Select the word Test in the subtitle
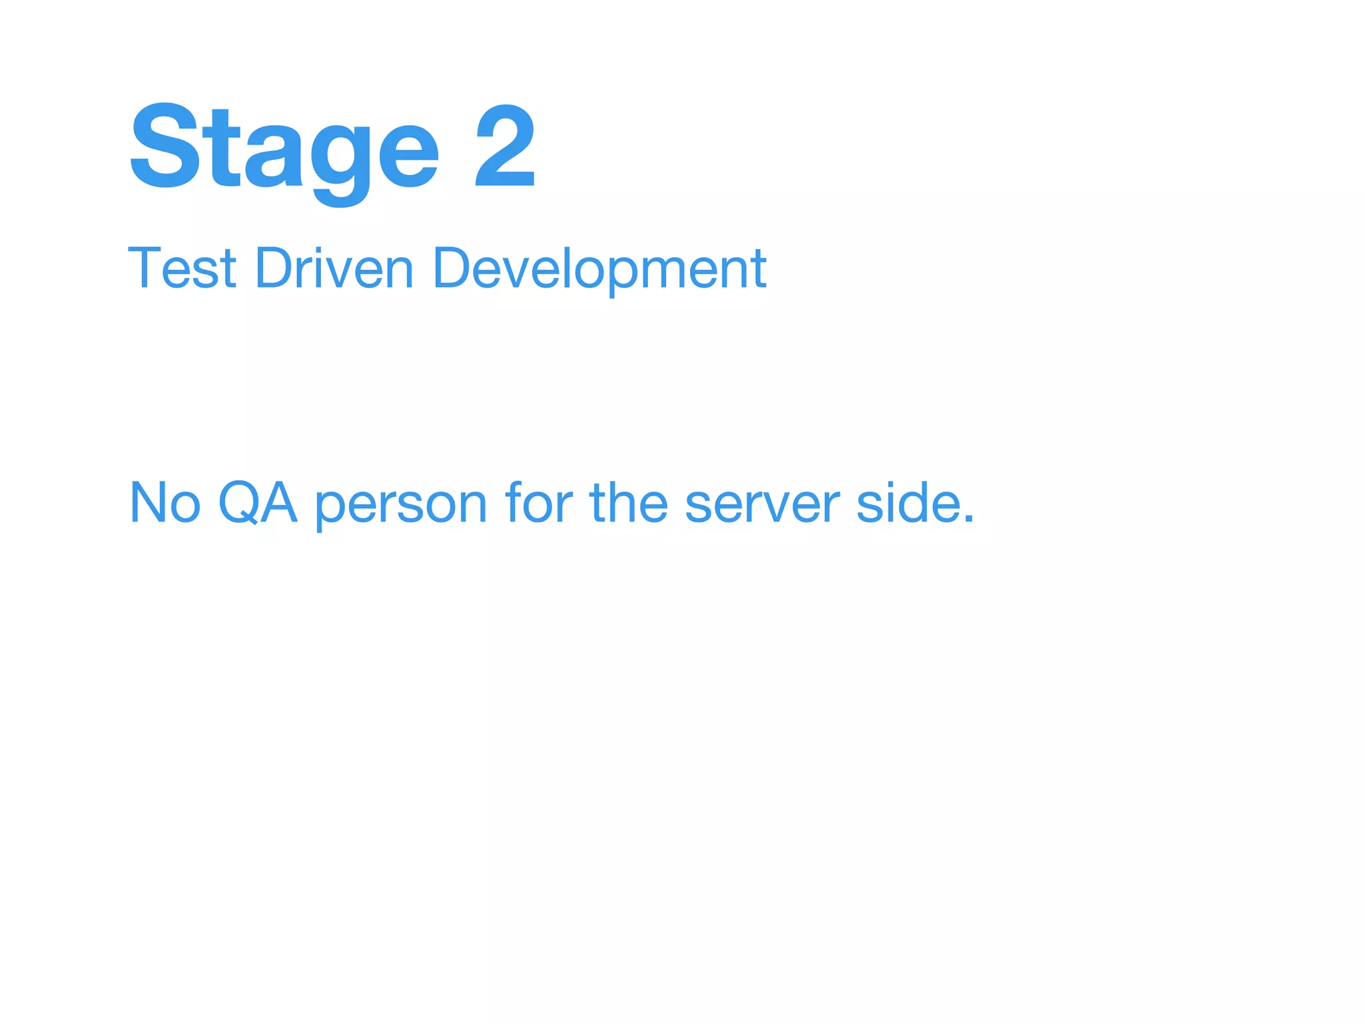pos(182,268)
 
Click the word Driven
pos(334,268)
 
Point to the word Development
pos(599,268)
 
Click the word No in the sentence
pos(165,503)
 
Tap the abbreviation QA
pos(257,503)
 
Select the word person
pos(402,506)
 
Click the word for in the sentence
pos(539,503)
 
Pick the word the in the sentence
pos(628,503)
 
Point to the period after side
pos(968,519)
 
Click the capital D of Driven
pos(274,268)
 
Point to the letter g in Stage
pos(340,160)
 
